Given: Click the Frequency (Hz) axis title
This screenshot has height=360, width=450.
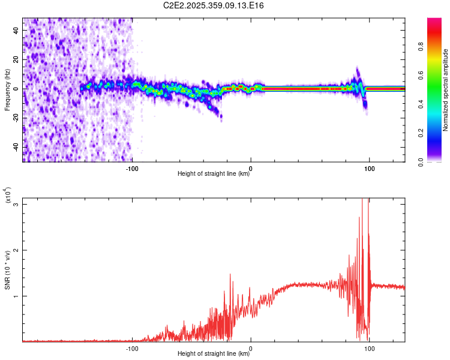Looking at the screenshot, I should [x=7, y=89].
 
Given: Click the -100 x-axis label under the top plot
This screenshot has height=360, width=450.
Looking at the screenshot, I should [x=132, y=168].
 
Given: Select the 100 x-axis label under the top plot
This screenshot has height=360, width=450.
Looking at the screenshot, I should [x=370, y=168].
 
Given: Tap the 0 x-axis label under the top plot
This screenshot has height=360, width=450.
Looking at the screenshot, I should [x=251, y=168].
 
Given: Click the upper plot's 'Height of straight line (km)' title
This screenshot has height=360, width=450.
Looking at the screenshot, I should [x=214, y=174].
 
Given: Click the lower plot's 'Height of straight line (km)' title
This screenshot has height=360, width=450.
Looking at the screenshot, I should [x=214, y=354].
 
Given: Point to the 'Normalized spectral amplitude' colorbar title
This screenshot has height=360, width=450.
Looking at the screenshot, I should [x=446, y=89].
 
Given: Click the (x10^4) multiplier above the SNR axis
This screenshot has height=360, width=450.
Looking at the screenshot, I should [x=8, y=195].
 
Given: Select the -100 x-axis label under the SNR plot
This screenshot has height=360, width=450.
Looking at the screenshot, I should [x=132, y=348].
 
